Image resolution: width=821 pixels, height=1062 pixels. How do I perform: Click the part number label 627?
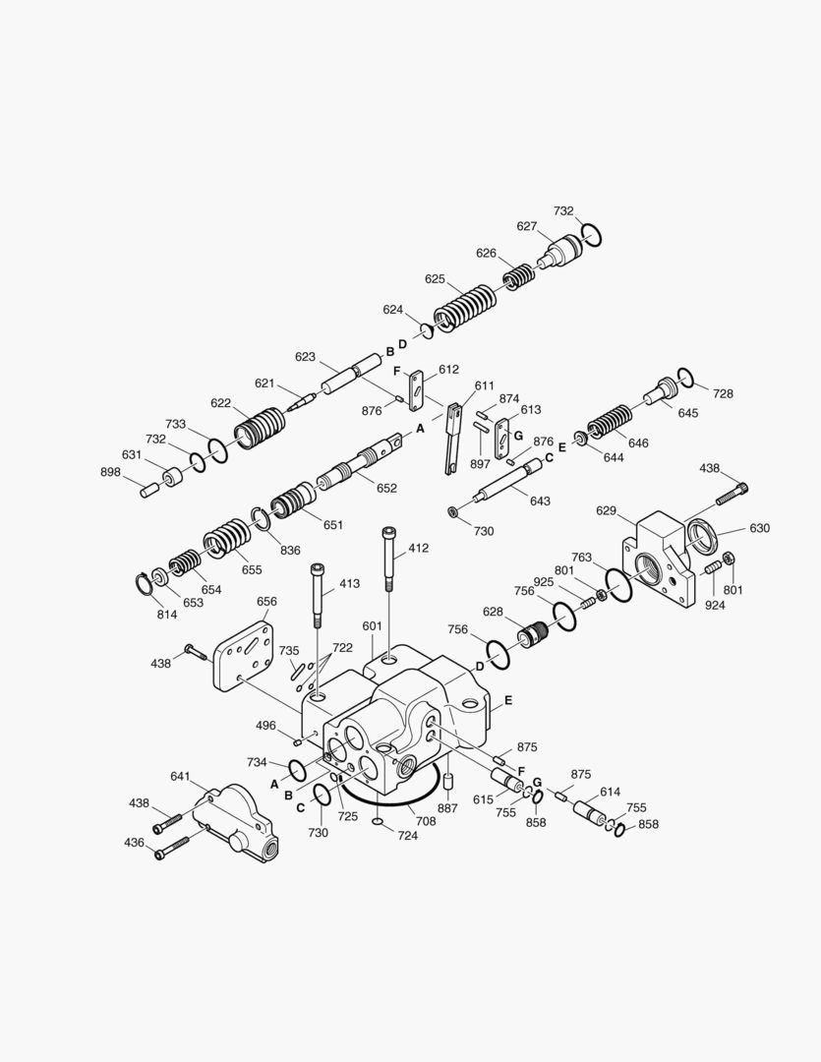point(527,226)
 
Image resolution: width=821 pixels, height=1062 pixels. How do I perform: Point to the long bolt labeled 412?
point(389,560)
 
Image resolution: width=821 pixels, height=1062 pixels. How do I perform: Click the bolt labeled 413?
point(318,595)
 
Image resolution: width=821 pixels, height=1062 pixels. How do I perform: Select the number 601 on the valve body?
point(372,626)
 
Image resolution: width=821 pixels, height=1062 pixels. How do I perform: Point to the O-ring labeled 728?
point(687,378)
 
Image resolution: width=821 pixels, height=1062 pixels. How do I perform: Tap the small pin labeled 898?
point(149,489)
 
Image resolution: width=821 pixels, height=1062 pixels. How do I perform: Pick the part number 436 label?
point(134,843)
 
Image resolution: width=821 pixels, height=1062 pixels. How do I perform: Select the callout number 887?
point(447,808)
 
